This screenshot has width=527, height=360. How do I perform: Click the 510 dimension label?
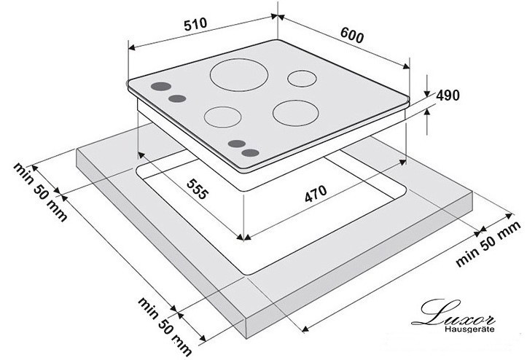click(195, 24)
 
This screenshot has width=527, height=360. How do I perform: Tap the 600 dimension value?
click(352, 35)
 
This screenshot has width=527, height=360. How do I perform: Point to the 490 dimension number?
click(448, 95)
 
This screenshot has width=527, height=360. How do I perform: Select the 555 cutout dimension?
click(198, 189)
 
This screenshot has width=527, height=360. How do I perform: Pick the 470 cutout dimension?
click(316, 193)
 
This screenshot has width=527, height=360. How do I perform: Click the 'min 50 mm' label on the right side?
click(488, 243)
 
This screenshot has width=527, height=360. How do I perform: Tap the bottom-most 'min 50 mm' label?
click(165, 326)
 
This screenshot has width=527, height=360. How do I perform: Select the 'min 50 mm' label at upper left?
click(40, 192)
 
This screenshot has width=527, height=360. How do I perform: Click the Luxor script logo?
click(453, 313)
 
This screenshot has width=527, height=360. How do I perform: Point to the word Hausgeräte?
click(469, 329)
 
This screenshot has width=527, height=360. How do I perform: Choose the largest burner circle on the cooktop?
click(239, 74)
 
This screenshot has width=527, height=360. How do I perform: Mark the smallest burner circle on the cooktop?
click(302, 79)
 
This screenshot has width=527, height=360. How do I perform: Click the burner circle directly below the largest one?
click(222, 117)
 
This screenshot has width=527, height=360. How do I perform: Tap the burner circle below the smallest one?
click(296, 113)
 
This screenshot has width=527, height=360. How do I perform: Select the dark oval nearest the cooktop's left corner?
click(161, 87)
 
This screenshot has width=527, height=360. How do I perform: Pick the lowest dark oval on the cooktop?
click(251, 153)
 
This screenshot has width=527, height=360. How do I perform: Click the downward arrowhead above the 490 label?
click(427, 93)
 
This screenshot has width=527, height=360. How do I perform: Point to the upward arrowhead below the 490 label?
click(427, 112)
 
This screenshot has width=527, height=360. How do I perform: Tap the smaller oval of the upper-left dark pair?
click(177, 98)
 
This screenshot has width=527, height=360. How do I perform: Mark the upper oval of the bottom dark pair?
click(237, 144)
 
